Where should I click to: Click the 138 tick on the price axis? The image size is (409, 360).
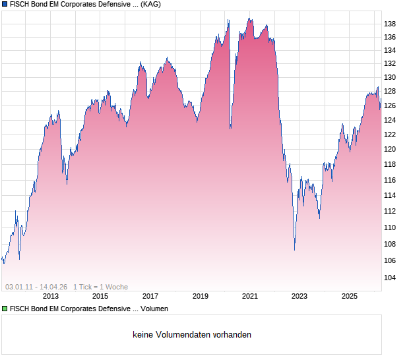click(390, 24)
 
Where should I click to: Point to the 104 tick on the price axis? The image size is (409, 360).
click(390, 278)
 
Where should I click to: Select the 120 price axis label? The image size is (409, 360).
click(390, 149)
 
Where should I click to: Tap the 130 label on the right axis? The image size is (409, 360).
click(390, 77)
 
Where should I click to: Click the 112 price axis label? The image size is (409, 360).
click(390, 211)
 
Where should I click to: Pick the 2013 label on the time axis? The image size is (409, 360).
click(50, 296)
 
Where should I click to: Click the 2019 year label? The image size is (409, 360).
click(200, 296)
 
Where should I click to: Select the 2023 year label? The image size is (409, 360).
click(299, 296)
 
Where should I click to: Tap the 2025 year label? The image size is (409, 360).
click(350, 296)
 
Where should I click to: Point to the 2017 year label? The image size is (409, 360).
click(150, 296)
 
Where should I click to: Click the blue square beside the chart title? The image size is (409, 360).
click(5, 4)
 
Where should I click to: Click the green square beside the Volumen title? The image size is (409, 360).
click(5, 309)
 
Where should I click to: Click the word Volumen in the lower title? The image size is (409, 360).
click(154, 309)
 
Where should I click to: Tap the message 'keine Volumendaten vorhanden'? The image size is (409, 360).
click(192, 335)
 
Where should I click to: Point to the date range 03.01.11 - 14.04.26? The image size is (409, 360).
click(36, 287)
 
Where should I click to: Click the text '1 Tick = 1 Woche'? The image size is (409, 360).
click(100, 287)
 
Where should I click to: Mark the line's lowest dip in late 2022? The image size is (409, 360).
click(294, 250)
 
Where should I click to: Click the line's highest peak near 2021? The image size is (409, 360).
click(249, 19)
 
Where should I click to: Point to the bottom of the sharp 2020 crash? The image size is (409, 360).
click(230, 128)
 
